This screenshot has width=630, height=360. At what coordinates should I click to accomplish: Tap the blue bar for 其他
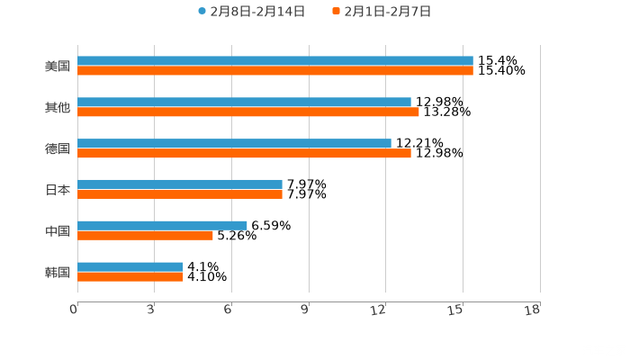click(244, 103)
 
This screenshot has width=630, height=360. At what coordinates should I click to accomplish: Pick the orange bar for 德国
click(244, 153)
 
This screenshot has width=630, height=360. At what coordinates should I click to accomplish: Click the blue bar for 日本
click(180, 184)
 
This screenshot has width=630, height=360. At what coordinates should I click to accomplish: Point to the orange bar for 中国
click(145, 236)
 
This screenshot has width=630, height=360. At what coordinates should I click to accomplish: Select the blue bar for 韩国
click(130, 267)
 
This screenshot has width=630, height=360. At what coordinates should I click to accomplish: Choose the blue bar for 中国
click(162, 226)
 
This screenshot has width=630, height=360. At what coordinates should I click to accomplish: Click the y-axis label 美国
click(58, 66)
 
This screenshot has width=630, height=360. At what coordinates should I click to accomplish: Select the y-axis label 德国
click(58, 148)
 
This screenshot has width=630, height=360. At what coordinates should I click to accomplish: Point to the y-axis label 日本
click(58, 190)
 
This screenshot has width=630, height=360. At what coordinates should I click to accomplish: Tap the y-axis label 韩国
click(58, 272)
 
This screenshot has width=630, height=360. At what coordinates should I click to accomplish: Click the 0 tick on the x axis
click(75, 310)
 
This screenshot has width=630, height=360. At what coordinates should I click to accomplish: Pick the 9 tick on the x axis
click(305, 310)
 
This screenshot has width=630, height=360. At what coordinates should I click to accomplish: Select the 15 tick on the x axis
click(457, 310)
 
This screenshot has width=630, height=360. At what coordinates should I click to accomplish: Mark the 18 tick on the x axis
click(533, 310)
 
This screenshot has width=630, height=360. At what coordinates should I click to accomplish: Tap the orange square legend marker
click(336, 12)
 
